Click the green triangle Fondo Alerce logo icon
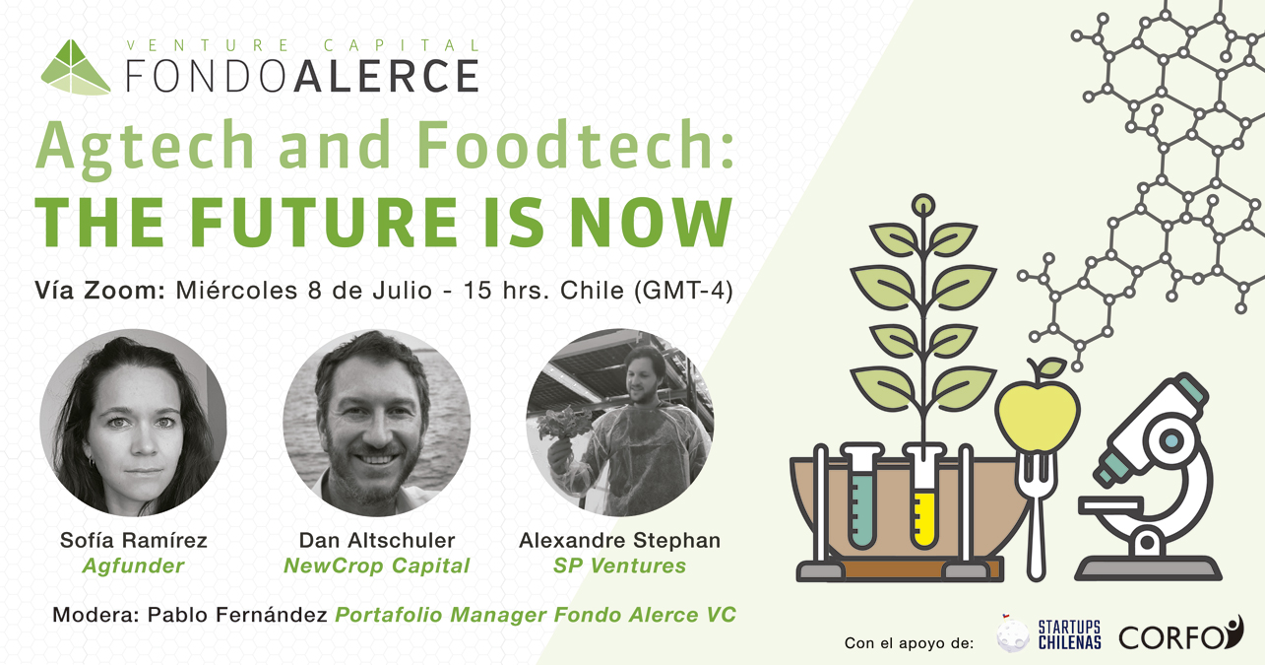(x=75, y=68)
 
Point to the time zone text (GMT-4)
(x=683, y=291)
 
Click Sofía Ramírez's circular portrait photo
(x=133, y=423)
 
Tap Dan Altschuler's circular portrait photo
(x=377, y=423)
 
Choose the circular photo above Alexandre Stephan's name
(x=619, y=423)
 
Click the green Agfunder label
(x=133, y=565)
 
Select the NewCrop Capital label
(x=377, y=565)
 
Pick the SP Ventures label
(x=619, y=565)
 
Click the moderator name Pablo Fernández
(x=237, y=615)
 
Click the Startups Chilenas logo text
(x=1070, y=635)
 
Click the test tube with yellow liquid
(x=924, y=498)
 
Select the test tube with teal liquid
(x=861, y=498)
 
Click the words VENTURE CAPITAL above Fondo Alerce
(x=303, y=45)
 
